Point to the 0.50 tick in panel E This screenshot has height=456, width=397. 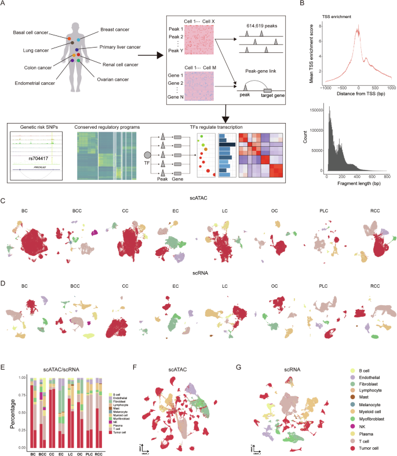[x=22, y=412]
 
